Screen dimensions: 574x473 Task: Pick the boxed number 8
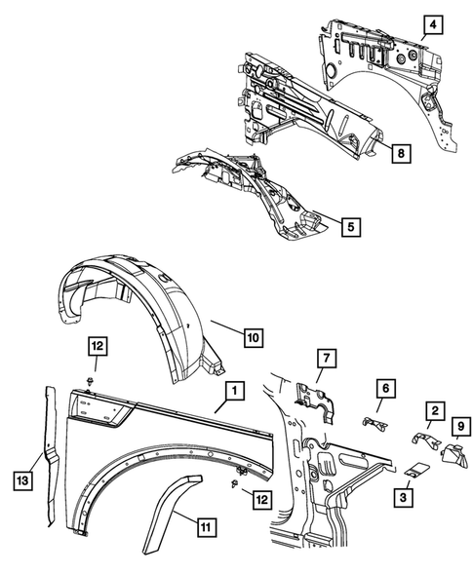[400, 152]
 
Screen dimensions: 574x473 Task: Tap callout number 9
[459, 425]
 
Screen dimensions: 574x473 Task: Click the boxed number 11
[205, 528]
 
